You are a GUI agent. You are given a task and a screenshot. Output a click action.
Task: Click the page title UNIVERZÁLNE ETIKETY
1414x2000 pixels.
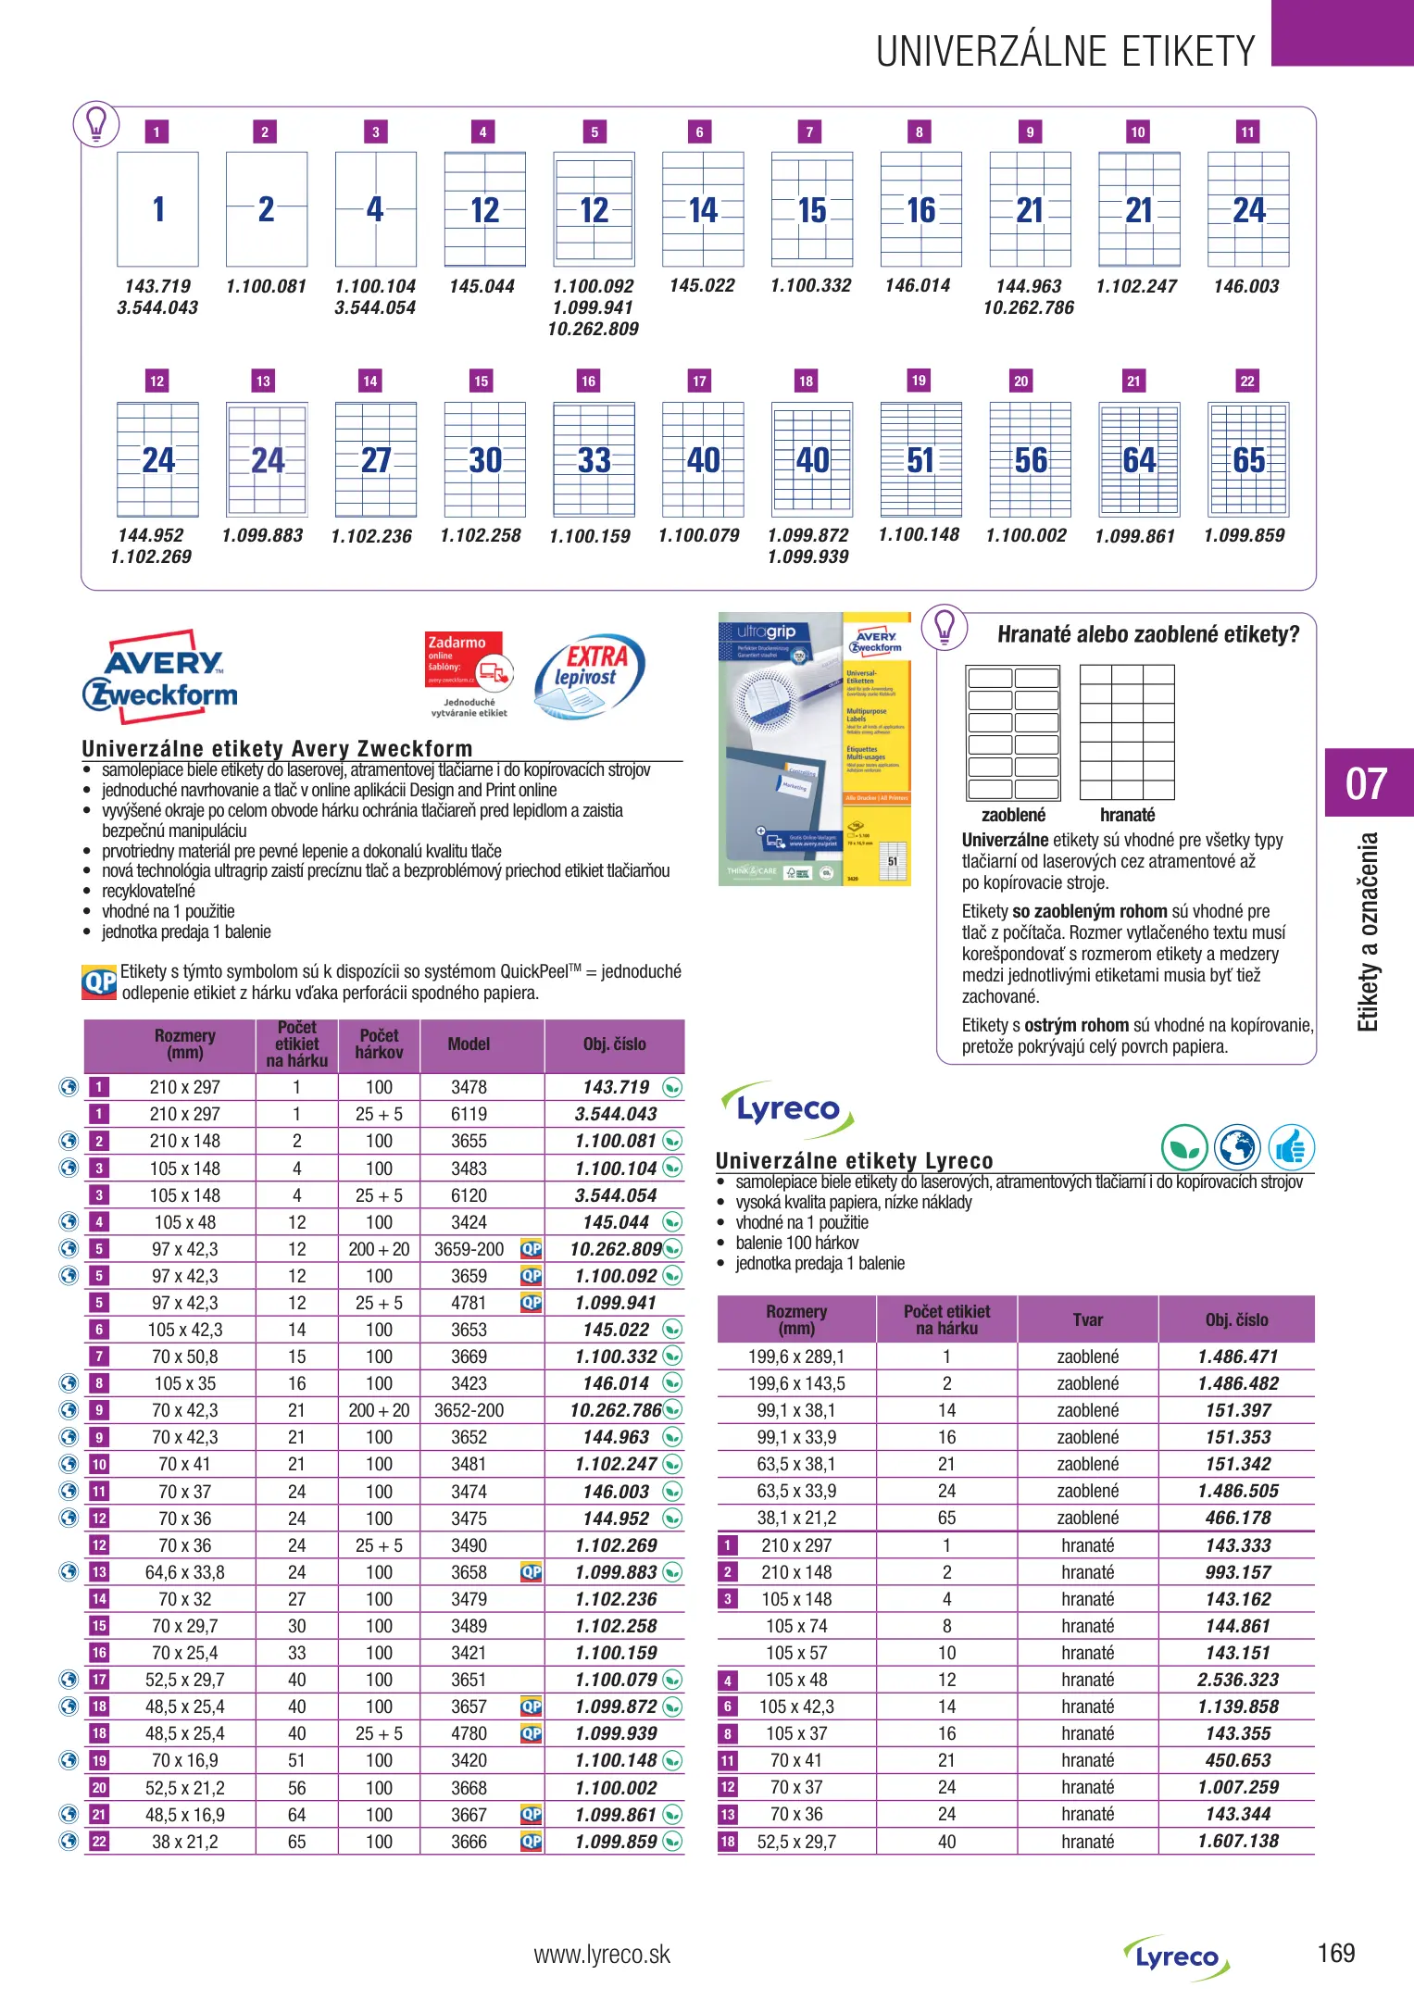click(x=1065, y=52)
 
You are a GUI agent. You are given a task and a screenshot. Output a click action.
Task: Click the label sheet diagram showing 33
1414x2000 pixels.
click(x=594, y=459)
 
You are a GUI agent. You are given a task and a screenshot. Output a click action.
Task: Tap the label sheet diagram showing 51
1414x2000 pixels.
click(x=920, y=459)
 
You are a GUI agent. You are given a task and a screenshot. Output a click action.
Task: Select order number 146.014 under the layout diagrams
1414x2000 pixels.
click(x=918, y=286)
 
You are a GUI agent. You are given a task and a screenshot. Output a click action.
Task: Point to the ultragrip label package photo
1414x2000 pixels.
click(x=814, y=749)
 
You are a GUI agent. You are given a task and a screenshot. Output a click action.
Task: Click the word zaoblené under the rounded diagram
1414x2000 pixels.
click(x=1013, y=815)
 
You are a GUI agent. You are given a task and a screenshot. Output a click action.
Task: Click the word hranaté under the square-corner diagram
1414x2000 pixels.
click(x=1127, y=815)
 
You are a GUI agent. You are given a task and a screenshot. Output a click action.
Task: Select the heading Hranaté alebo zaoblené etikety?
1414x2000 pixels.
click(x=1148, y=634)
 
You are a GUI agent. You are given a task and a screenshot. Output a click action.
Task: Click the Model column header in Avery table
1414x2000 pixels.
click(x=469, y=1044)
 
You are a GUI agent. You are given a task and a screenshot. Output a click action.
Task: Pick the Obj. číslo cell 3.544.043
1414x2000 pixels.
click(x=616, y=1114)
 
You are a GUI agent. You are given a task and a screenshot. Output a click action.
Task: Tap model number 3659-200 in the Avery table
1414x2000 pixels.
click(x=469, y=1249)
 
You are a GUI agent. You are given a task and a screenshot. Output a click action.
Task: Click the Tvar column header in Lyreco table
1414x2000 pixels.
click(x=1087, y=1319)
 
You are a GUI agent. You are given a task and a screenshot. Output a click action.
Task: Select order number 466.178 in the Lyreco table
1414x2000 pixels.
click(x=1237, y=1518)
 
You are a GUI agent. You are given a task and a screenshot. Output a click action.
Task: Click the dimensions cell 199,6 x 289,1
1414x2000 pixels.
click(x=796, y=1356)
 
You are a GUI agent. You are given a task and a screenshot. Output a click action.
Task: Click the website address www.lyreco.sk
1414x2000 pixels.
click(x=602, y=1955)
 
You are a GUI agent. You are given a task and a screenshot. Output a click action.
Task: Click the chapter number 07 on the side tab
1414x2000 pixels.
click(x=1366, y=784)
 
